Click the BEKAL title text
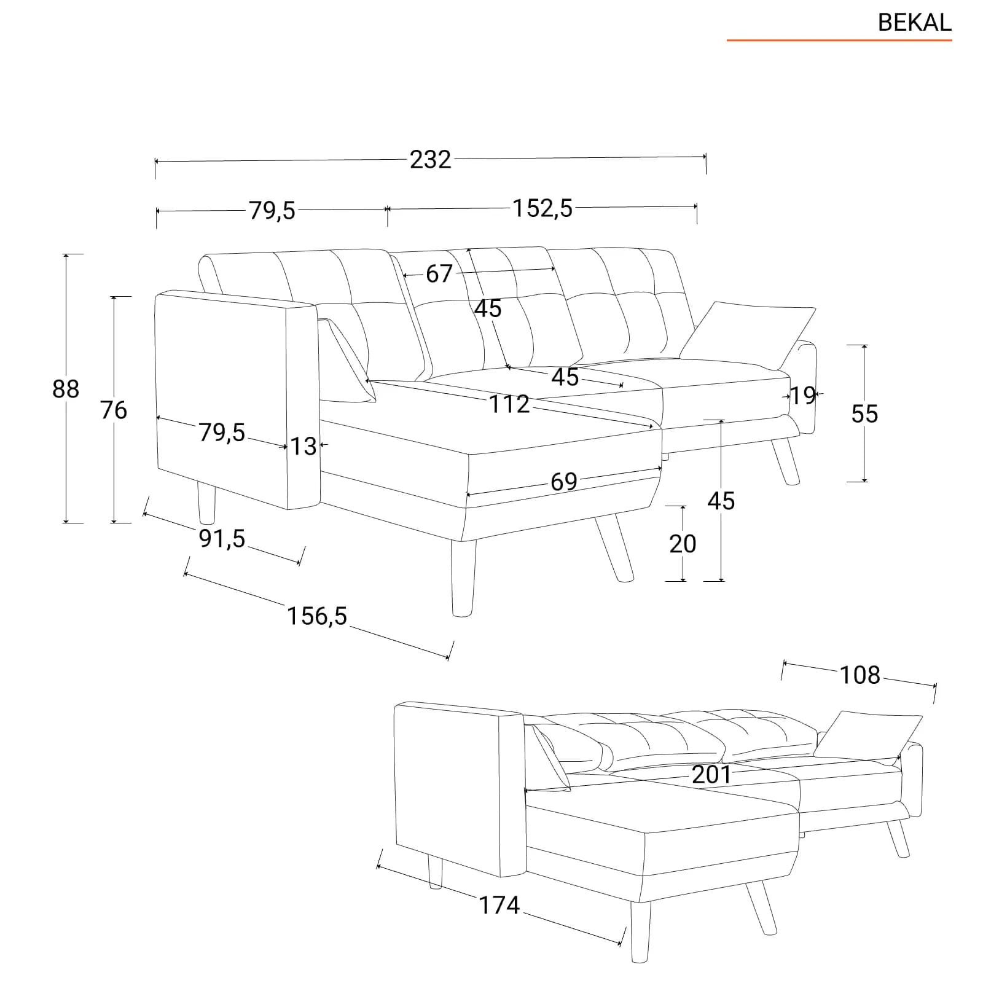coord(914,23)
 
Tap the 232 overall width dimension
coord(430,160)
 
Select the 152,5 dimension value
coord(542,208)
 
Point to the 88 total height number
coord(66,389)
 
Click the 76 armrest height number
coord(114,410)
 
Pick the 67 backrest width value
coord(439,273)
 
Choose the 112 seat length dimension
coord(509,404)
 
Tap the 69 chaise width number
coord(564,482)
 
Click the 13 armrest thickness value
coord(304,446)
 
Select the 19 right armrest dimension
coord(802,396)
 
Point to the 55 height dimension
coord(864,413)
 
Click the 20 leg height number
coord(683,544)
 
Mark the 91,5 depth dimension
coord(222,539)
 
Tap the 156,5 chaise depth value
coord(317,616)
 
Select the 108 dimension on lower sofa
coord(860,675)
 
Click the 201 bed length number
coord(711,775)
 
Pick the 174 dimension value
coord(499,905)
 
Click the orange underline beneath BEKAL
coord(839,41)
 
